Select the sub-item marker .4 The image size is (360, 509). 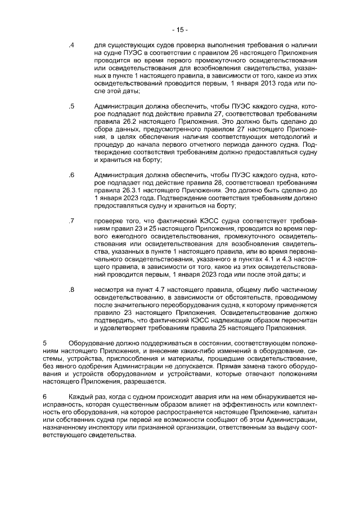pyautogui.click(x=71, y=44)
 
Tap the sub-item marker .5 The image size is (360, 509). pyautogui.click(x=71, y=106)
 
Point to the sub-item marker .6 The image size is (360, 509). pyautogui.click(x=71, y=175)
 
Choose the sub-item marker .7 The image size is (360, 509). pyautogui.click(x=71, y=221)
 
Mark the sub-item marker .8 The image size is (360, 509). pyautogui.click(x=71, y=290)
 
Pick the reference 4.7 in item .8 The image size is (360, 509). pyautogui.click(x=150, y=290)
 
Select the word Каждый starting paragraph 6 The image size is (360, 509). pyautogui.click(x=80, y=397)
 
